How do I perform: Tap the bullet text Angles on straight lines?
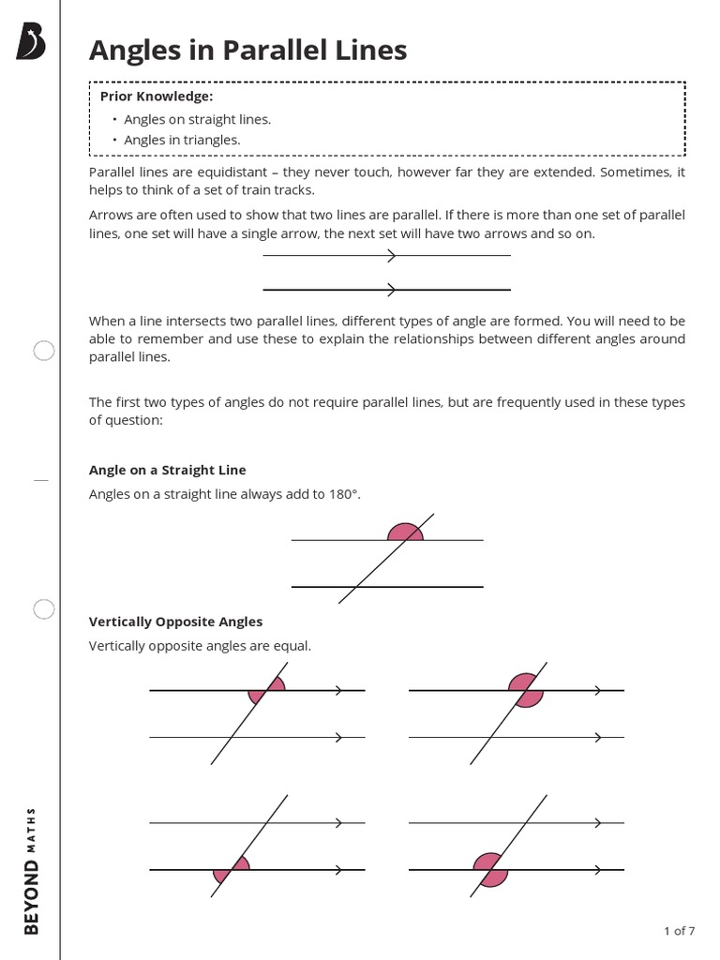tap(197, 119)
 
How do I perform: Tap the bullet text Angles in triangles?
tap(182, 140)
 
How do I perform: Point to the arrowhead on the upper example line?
tap(391, 255)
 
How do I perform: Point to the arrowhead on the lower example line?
tap(391, 289)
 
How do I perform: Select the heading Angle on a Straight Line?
tap(167, 470)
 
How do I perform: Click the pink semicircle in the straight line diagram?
tap(404, 532)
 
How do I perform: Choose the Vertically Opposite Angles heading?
tap(175, 622)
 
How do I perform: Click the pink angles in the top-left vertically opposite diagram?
tap(266, 691)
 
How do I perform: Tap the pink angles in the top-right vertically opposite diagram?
tap(526, 690)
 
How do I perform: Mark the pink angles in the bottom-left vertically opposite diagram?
tap(232, 870)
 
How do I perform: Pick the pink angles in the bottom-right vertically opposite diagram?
tap(490, 870)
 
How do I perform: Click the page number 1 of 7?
tap(679, 931)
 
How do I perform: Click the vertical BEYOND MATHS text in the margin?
tap(31, 870)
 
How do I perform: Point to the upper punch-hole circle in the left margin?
tap(44, 352)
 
